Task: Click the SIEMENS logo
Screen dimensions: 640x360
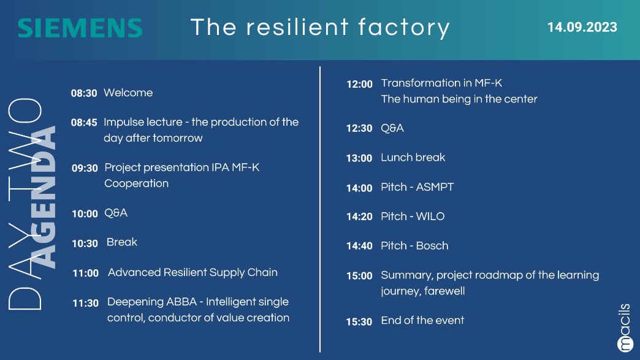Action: [80, 28]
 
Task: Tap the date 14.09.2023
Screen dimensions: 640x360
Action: [582, 27]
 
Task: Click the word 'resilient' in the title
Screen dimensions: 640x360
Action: [297, 27]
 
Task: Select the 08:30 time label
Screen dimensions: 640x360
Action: [84, 93]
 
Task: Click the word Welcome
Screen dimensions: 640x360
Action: [128, 93]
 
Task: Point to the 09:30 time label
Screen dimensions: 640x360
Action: [85, 168]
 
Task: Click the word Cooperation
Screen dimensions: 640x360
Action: [136, 183]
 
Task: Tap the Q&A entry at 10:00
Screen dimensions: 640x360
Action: [116, 213]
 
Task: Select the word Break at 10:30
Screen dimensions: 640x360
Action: [122, 242]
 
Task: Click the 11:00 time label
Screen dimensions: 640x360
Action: [86, 273]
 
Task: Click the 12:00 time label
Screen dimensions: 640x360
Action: [360, 84]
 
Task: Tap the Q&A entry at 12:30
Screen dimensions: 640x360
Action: [392, 128]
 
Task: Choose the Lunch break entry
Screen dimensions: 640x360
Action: [413, 157]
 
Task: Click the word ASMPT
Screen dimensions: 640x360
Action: [435, 187]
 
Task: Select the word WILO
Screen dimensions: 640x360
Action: [430, 216]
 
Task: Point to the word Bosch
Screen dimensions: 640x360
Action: [432, 246]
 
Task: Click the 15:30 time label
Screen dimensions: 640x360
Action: [359, 321]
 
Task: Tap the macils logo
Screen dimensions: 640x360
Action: [625, 327]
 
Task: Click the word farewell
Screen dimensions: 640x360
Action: [444, 291]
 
